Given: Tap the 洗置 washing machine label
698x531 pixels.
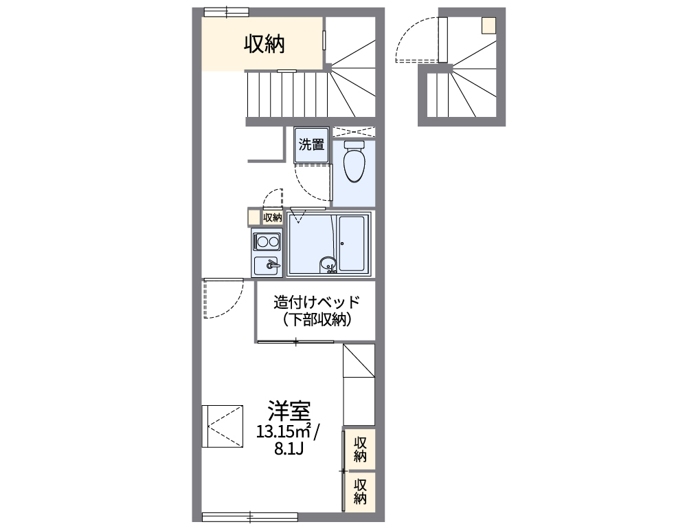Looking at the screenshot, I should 311,144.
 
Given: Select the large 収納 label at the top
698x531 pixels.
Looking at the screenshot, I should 264,44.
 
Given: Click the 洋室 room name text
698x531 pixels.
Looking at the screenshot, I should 289,411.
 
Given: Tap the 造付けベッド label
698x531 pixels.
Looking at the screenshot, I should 316,302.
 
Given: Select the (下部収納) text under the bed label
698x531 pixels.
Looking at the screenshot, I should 316,319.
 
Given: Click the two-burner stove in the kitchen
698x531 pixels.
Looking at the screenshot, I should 267,241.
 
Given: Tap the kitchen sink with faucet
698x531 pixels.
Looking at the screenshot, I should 267,265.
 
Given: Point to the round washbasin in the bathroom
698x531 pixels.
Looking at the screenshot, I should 328,263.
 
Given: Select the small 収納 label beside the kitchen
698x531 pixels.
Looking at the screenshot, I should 273,217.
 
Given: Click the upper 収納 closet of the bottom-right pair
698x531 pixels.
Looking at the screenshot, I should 360,449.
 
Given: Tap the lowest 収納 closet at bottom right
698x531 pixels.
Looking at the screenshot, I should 360,491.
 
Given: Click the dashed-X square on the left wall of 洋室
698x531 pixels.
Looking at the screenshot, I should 223,426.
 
